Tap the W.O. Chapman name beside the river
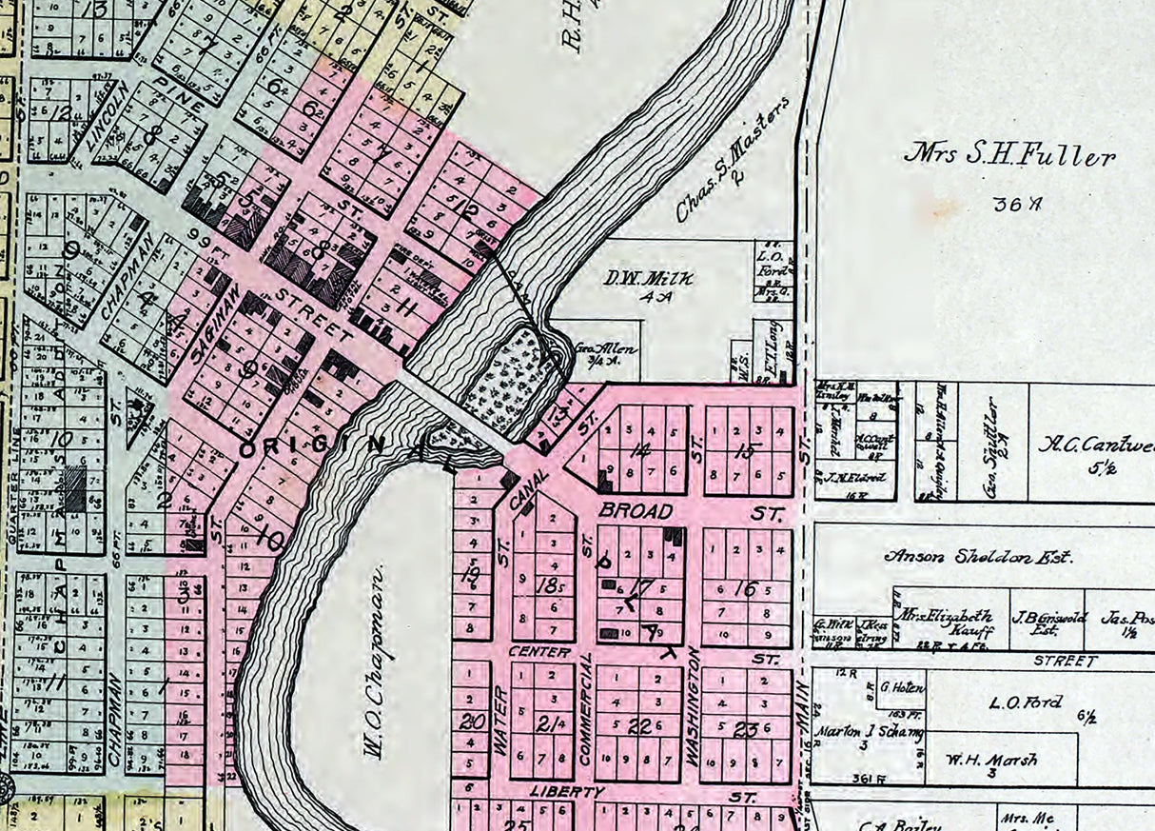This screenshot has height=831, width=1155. pos(373,661)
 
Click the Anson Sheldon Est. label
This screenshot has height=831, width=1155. pos(978,557)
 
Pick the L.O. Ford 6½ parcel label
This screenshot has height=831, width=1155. pos(1026,702)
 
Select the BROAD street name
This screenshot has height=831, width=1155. pos(636,511)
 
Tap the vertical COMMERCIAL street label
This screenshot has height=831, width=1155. pos(586,709)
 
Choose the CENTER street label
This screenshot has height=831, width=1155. pos(538,652)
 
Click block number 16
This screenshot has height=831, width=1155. pos(748,590)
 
